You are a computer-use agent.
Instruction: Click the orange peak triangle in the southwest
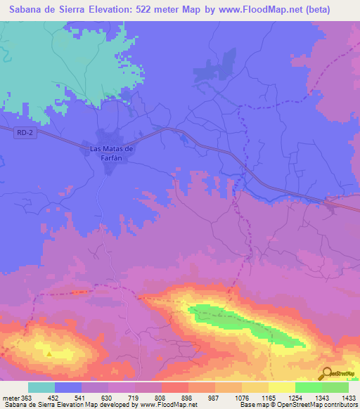[x=49, y=353]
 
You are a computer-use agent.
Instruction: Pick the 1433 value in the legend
[x=349, y=397]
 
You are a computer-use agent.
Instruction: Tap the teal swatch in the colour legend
[x=41, y=387]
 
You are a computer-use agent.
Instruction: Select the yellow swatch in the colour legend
[x=282, y=387]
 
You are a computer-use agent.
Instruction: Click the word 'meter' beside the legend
[x=12, y=397]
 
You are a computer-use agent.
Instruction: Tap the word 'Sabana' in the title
[x=25, y=8]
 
